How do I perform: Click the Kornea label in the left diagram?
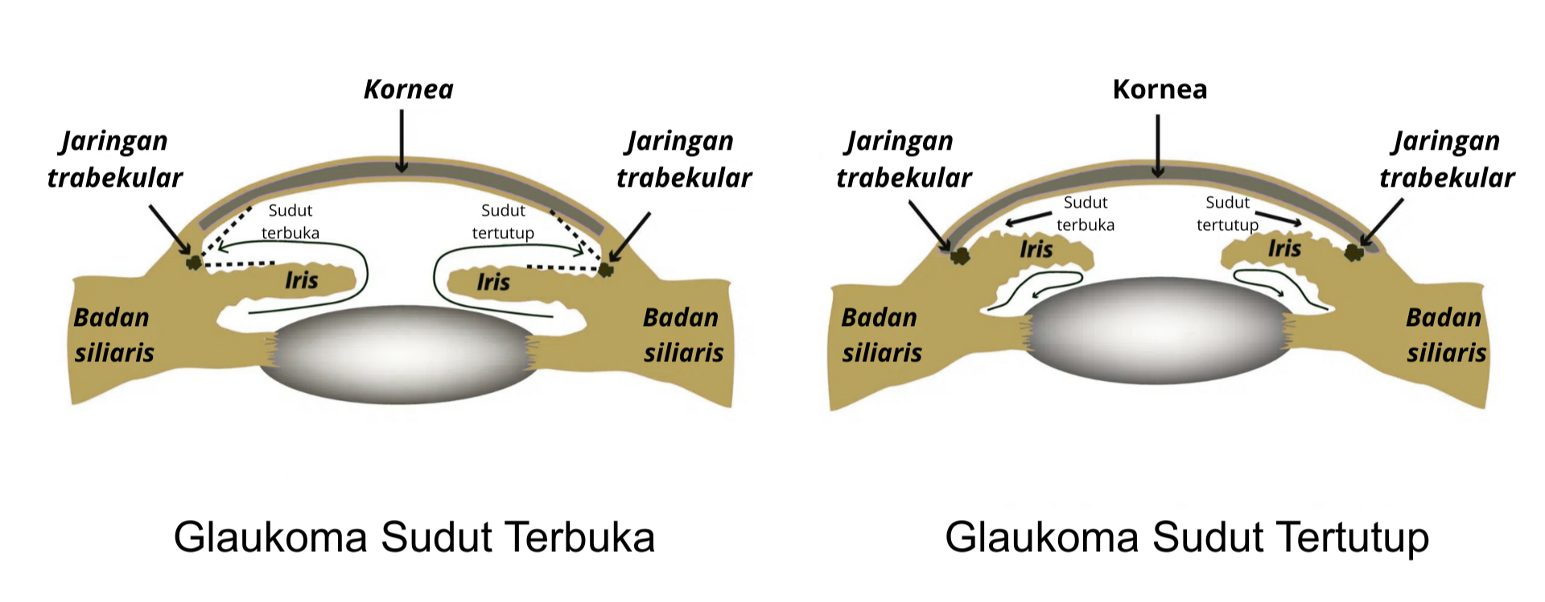(x=408, y=89)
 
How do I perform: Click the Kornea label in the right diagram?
(x=1160, y=89)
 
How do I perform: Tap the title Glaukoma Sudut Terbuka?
(x=414, y=537)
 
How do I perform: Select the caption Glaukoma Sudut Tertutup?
(x=1187, y=537)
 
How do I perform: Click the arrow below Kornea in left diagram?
(x=402, y=140)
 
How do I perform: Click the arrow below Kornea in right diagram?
(x=1158, y=145)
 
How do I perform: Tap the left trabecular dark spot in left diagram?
(x=193, y=262)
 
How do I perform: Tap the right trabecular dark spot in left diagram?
(x=606, y=268)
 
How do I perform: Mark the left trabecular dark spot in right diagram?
(x=959, y=256)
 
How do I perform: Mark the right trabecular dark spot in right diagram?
(x=1354, y=253)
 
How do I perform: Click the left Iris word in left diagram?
(x=301, y=280)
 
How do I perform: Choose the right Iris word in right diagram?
(x=1284, y=249)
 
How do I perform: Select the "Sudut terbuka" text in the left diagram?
(x=290, y=221)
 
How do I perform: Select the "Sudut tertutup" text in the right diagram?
(x=1227, y=213)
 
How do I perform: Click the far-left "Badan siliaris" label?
(x=113, y=335)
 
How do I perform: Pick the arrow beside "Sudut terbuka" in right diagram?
(x=1029, y=218)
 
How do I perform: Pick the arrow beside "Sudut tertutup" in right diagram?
(x=1279, y=218)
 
